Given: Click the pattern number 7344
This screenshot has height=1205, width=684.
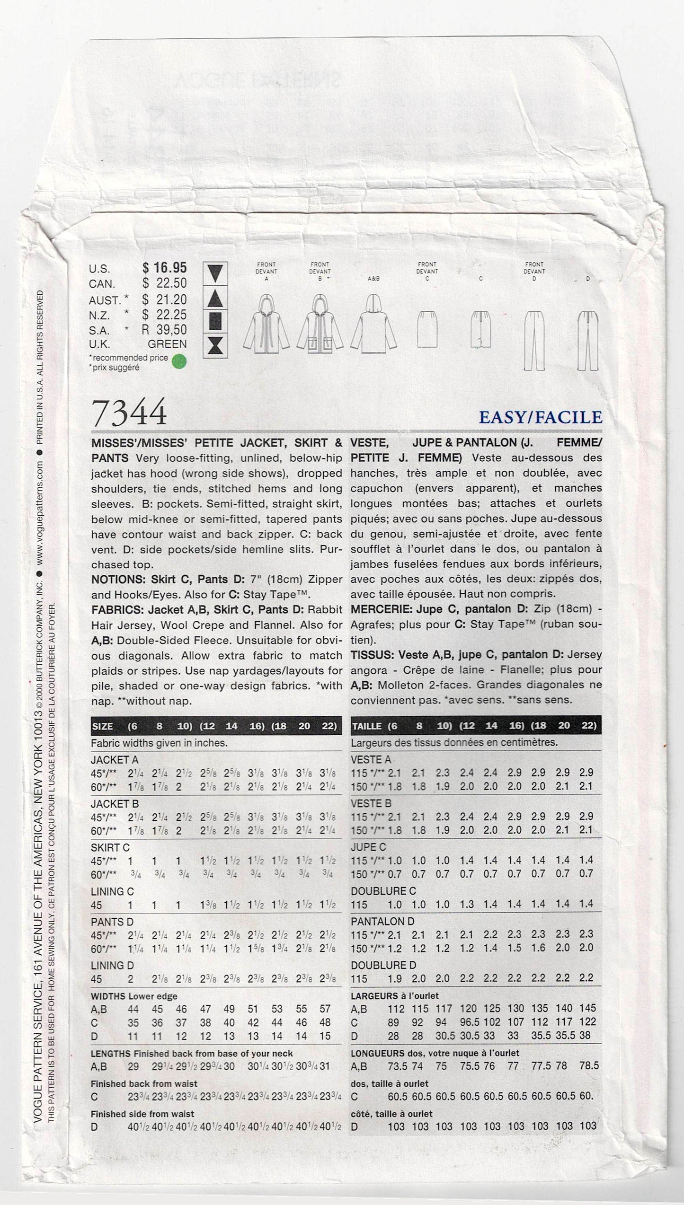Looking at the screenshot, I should (x=130, y=412).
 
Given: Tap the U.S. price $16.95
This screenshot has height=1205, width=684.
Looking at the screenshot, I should (x=165, y=268).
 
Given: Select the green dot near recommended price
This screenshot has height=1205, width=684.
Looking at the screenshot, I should (x=180, y=361).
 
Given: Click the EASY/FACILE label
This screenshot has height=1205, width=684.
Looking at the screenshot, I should (x=541, y=417).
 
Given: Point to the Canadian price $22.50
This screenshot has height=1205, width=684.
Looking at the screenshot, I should (x=165, y=283).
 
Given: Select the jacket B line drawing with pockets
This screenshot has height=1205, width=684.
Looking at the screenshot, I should (x=320, y=326).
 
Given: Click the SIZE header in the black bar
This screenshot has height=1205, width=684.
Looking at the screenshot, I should (x=103, y=726).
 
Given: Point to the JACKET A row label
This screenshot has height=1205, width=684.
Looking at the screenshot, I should (x=114, y=759).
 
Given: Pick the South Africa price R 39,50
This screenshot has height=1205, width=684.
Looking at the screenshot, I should (x=165, y=329).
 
